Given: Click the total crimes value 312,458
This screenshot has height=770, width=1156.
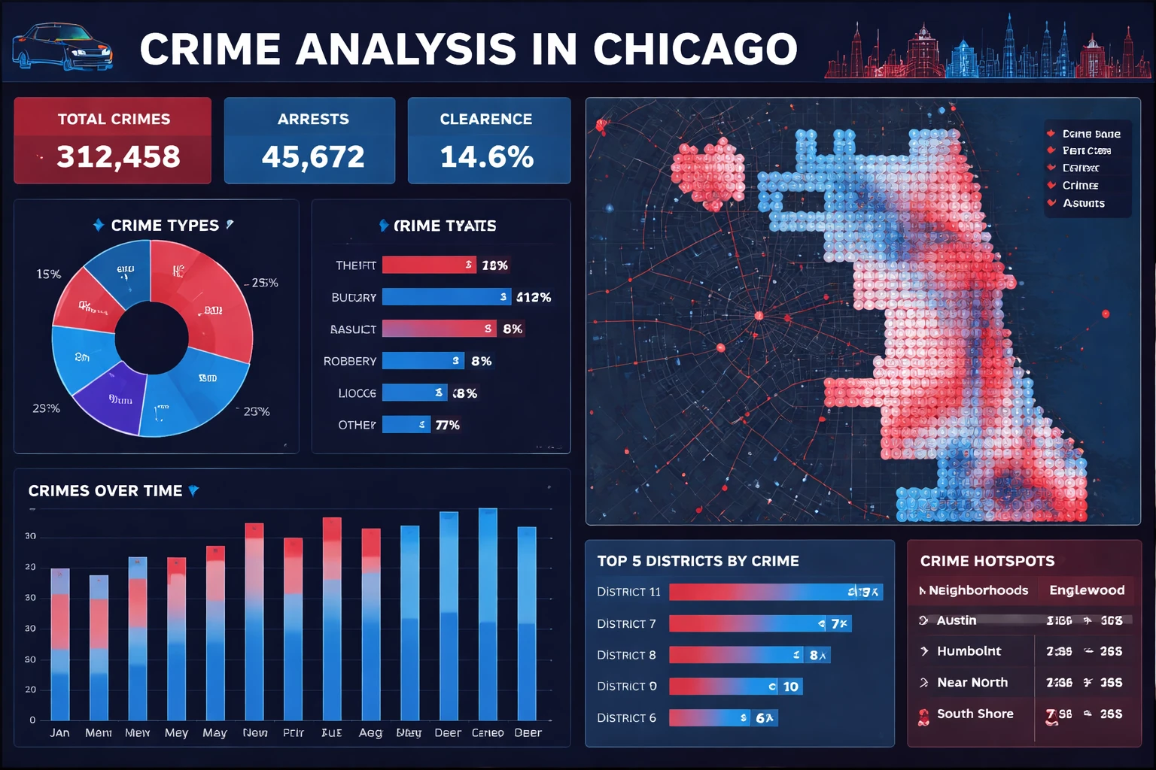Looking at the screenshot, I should (x=118, y=156).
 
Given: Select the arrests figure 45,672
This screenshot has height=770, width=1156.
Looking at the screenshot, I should (x=313, y=156).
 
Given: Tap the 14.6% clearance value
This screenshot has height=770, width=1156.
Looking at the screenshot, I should (x=487, y=156).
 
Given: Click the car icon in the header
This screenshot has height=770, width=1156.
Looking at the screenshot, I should (x=62, y=47).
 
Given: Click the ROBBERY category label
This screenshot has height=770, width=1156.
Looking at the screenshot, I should (x=350, y=361).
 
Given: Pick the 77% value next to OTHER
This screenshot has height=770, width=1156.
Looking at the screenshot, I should (x=447, y=425).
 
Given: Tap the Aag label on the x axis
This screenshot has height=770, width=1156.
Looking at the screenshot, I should (x=370, y=732).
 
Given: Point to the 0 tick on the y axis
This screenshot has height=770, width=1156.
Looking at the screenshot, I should (x=32, y=720).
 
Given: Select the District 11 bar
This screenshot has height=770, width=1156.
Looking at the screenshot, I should (x=775, y=592).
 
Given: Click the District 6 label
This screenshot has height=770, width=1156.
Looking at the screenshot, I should (x=626, y=718).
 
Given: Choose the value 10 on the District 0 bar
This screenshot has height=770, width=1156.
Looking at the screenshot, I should (x=790, y=687).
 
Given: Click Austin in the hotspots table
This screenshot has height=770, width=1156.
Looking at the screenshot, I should (x=957, y=620).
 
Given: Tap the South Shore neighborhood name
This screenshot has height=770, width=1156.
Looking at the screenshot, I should (x=975, y=714).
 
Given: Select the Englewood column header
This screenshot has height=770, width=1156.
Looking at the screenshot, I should (x=1087, y=590).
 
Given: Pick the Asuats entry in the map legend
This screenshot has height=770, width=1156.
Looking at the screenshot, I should (x=1084, y=203).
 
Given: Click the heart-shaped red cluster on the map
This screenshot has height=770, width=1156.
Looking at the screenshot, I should (x=707, y=174).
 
